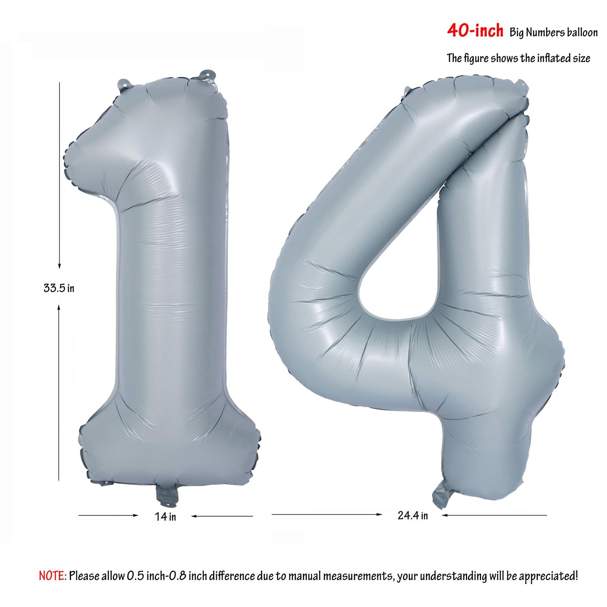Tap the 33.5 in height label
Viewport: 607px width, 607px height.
click(x=59, y=288)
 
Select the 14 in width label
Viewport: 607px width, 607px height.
click(x=166, y=517)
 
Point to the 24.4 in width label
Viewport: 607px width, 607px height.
click(x=413, y=516)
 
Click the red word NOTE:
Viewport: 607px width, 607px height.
click(x=53, y=567)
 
